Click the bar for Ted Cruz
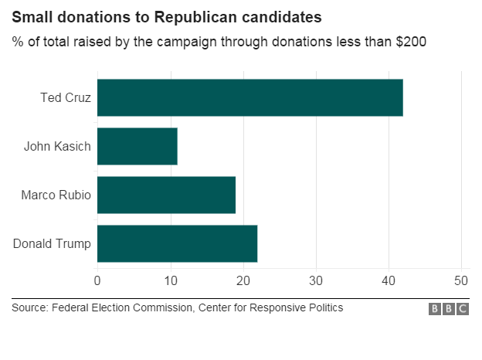249,97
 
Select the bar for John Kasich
137,146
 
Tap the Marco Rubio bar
166,195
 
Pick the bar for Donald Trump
177,243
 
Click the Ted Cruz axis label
66,98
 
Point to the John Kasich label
57,146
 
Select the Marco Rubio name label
56,195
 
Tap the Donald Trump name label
52,244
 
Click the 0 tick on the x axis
97,280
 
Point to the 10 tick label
170,280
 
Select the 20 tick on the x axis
243,280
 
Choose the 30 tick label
316,280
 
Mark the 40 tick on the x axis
389,280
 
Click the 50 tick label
461,280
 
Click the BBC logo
449,309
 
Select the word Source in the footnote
29,308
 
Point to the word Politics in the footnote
323,308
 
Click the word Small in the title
29,16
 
